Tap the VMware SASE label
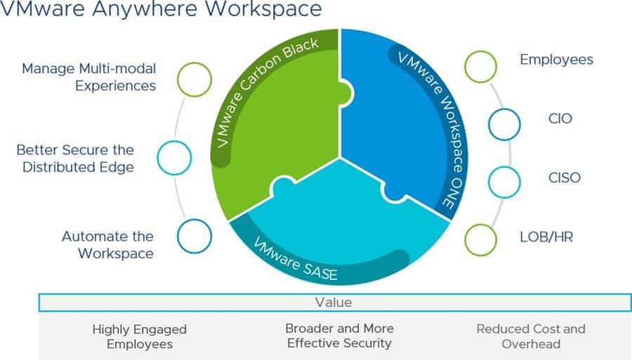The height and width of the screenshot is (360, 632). coord(296,259)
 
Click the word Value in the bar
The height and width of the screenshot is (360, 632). coord(334,302)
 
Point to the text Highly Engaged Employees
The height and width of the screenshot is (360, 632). coord(140,337)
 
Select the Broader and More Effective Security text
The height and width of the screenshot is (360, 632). coord(339,335)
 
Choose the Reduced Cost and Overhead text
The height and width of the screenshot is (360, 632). coord(531,336)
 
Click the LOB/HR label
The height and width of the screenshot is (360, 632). coord(546,236)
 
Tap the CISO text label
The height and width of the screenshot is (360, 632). coord(565,178)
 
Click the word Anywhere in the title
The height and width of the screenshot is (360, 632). coord(145,9)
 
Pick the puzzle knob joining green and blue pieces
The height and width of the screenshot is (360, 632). coord(346,94)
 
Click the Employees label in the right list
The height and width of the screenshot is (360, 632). coord(556,60)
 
